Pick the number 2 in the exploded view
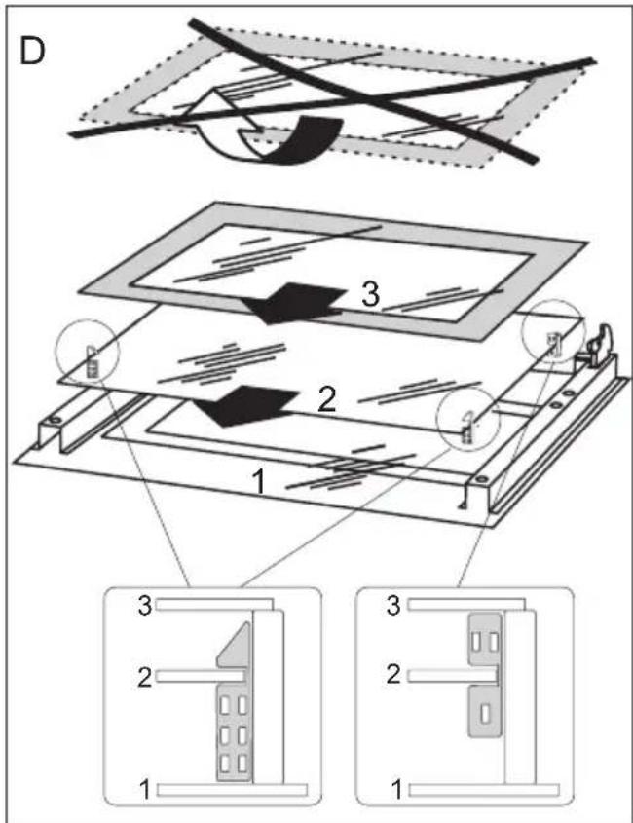pos(326,397)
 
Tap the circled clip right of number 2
pos(466,423)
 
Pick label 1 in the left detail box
pos(144,786)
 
